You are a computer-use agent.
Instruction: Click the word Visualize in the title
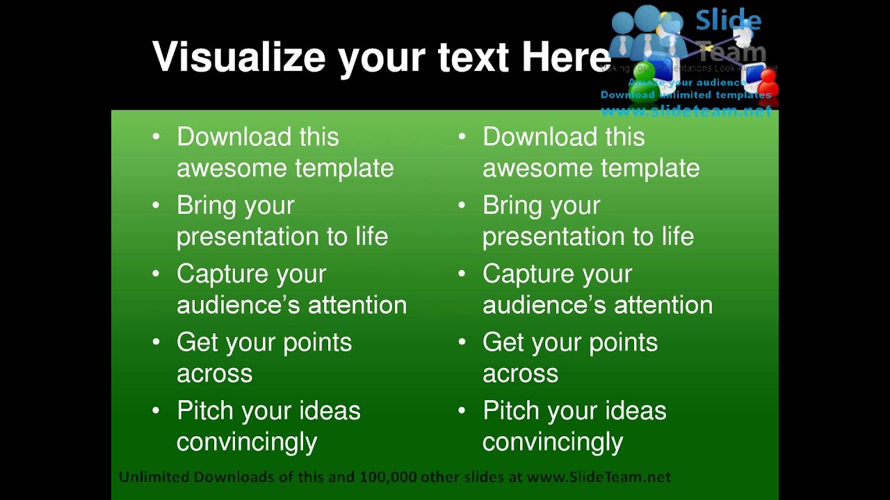coord(238,57)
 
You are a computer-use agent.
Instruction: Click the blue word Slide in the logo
coord(728,20)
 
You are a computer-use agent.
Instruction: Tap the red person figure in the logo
coord(769,83)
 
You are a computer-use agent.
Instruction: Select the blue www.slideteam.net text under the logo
coord(686,111)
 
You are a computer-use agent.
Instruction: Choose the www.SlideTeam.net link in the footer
coord(599,477)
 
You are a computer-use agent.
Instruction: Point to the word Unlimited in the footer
coord(154,477)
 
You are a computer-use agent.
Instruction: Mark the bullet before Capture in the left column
coord(156,274)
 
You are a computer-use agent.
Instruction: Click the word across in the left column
coord(214,374)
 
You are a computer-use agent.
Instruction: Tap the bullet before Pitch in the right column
coord(462,410)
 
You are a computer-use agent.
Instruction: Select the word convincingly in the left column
coord(247,442)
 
